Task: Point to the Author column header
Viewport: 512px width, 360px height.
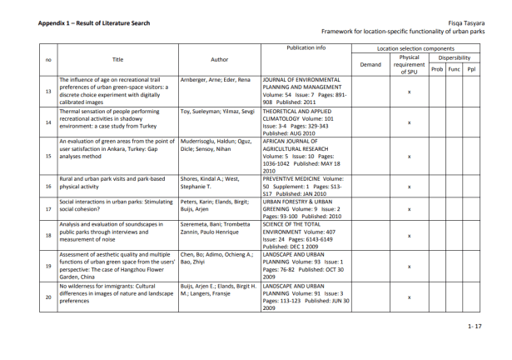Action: coord(220,59)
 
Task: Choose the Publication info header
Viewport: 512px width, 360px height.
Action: coord(306,48)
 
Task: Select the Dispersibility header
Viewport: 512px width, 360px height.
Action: coord(454,57)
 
